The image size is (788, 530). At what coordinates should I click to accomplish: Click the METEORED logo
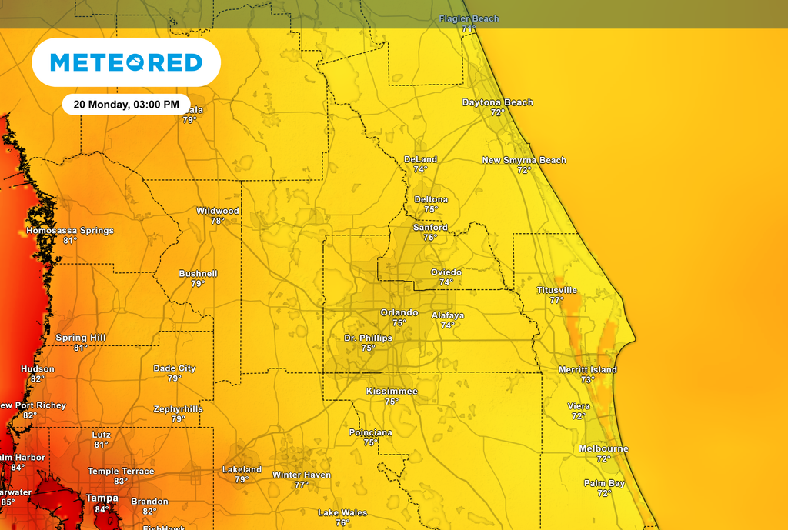(x=126, y=62)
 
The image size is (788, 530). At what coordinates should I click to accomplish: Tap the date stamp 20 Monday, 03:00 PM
(x=126, y=104)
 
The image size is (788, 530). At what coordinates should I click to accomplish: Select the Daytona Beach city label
(x=497, y=102)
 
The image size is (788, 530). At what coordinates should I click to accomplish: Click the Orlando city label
(x=399, y=312)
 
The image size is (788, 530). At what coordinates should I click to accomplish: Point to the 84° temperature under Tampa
(x=102, y=509)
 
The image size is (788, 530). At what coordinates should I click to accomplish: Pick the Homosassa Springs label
(x=70, y=230)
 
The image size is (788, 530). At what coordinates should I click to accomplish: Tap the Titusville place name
(x=556, y=290)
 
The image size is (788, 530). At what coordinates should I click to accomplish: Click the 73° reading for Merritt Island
(x=588, y=380)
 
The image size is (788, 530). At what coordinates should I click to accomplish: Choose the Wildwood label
(x=218, y=211)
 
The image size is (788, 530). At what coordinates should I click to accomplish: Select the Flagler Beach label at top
(x=469, y=18)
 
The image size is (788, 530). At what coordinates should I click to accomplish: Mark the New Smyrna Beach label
(x=524, y=160)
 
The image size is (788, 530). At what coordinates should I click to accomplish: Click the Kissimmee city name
(x=392, y=392)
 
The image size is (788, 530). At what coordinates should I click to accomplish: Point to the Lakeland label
(x=242, y=469)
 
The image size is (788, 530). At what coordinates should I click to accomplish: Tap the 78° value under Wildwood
(x=218, y=221)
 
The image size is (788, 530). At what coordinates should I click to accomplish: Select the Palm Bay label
(x=604, y=483)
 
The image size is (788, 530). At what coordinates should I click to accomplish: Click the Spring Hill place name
(x=81, y=338)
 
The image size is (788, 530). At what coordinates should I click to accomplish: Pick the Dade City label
(x=175, y=368)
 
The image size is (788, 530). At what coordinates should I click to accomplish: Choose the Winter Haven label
(x=302, y=475)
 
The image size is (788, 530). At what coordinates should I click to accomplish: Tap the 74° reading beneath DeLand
(x=420, y=169)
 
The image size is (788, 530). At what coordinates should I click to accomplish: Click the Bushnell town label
(x=198, y=273)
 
